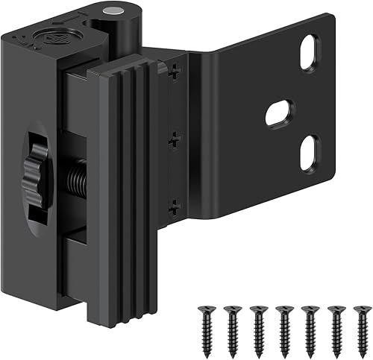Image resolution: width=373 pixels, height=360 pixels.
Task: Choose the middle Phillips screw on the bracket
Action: (174, 139)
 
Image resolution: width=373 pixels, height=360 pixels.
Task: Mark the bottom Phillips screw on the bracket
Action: (173, 203)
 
